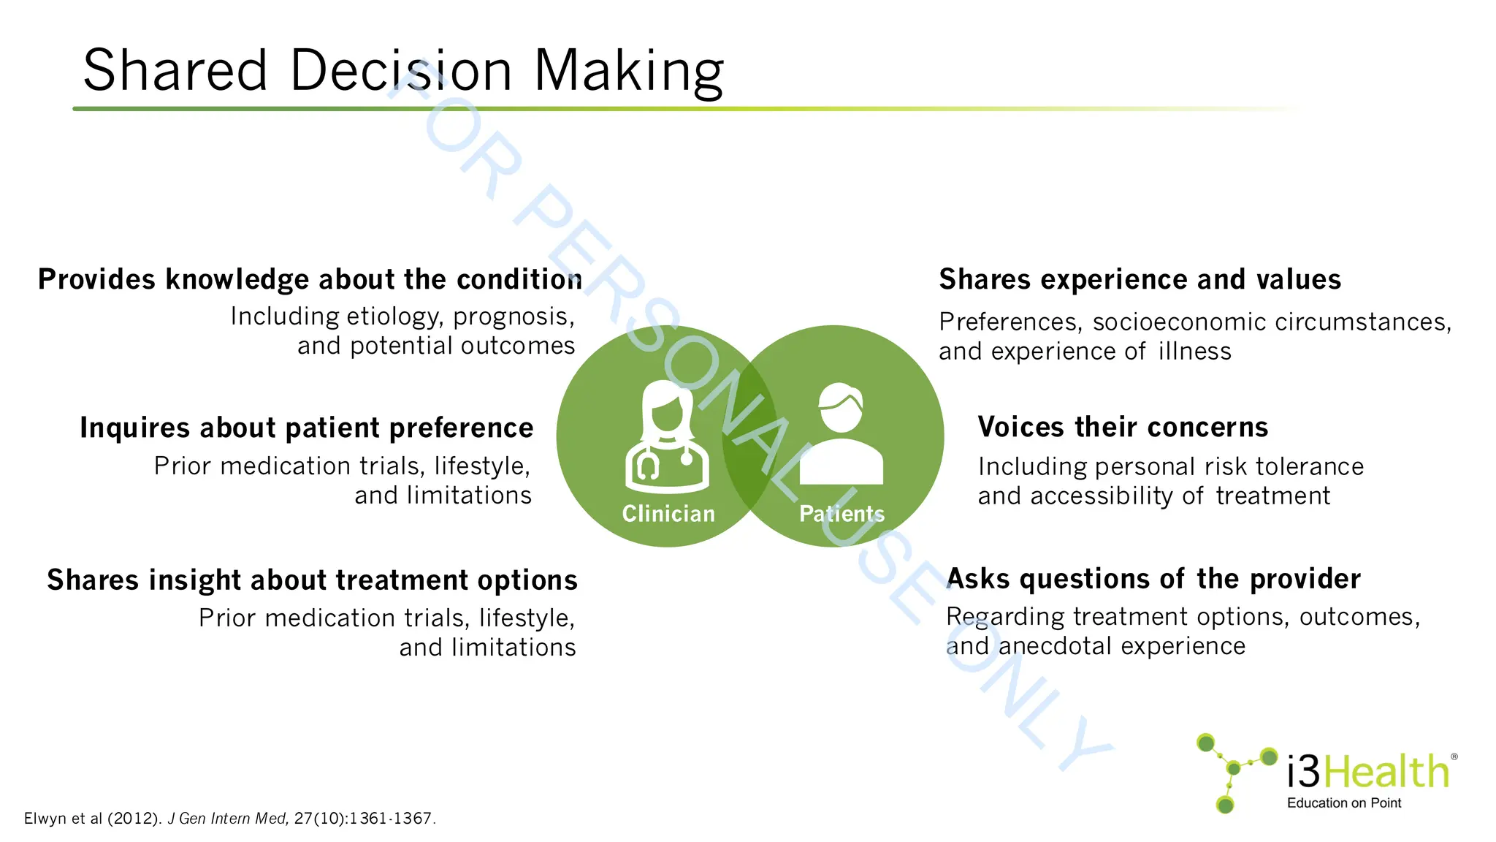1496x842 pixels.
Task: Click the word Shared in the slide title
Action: click(x=175, y=70)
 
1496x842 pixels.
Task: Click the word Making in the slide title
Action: click(x=629, y=72)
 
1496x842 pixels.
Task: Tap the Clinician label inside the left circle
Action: click(x=668, y=514)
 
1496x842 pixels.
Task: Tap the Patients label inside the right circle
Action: click(x=841, y=514)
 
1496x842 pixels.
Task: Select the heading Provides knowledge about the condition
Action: click(x=310, y=279)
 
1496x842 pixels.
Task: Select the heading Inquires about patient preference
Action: click(x=306, y=428)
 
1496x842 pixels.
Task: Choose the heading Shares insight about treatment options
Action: click(x=312, y=580)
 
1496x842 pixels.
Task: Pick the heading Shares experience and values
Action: click(x=1140, y=279)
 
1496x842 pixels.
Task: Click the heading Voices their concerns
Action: click(x=1123, y=427)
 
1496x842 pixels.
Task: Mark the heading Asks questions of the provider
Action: click(x=1153, y=579)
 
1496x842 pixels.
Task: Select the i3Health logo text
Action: click(x=1368, y=771)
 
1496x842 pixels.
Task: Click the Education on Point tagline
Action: click(x=1344, y=803)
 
